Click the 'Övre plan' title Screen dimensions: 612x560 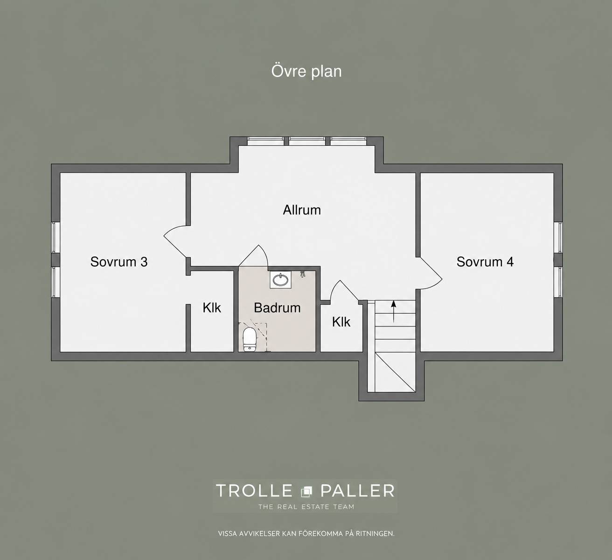(x=306, y=71)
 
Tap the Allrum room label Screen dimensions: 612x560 (x=302, y=210)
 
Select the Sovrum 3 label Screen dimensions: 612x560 (x=119, y=262)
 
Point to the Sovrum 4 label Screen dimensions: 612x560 (x=485, y=262)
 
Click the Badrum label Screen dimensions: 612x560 (x=277, y=308)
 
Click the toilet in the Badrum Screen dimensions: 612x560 (x=249, y=340)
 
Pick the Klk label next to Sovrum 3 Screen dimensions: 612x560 (x=212, y=308)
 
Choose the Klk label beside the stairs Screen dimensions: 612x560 (x=341, y=322)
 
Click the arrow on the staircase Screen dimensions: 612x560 (x=394, y=312)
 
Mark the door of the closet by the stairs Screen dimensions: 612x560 (x=344, y=290)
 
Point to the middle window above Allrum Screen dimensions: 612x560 (x=307, y=141)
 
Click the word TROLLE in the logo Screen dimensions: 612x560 (x=254, y=490)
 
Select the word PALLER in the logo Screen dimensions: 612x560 (x=357, y=490)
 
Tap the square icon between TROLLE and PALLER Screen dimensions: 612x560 (x=306, y=491)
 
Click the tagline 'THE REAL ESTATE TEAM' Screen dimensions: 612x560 (x=306, y=507)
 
